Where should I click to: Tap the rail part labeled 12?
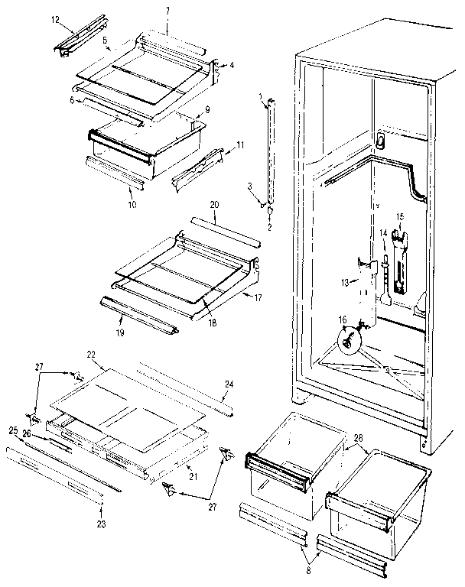pyautogui.click(x=76, y=38)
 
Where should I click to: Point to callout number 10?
pyautogui.click(x=132, y=205)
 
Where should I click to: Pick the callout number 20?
pyautogui.click(x=214, y=206)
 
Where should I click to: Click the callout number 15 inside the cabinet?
pyautogui.click(x=398, y=216)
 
